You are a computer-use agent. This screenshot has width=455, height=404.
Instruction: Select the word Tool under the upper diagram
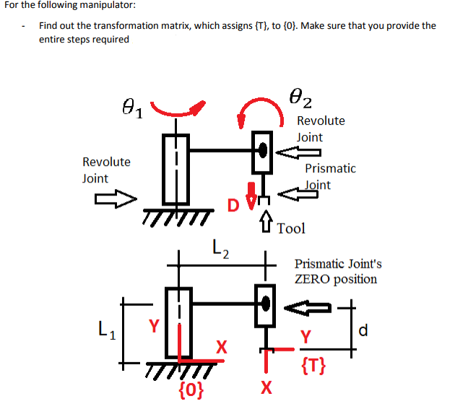pos(291,229)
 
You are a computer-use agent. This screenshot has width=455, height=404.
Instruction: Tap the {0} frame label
pos(191,390)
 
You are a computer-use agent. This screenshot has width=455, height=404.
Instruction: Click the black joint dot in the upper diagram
pos(264,150)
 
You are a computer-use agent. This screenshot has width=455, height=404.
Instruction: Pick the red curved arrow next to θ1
pos(178,110)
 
